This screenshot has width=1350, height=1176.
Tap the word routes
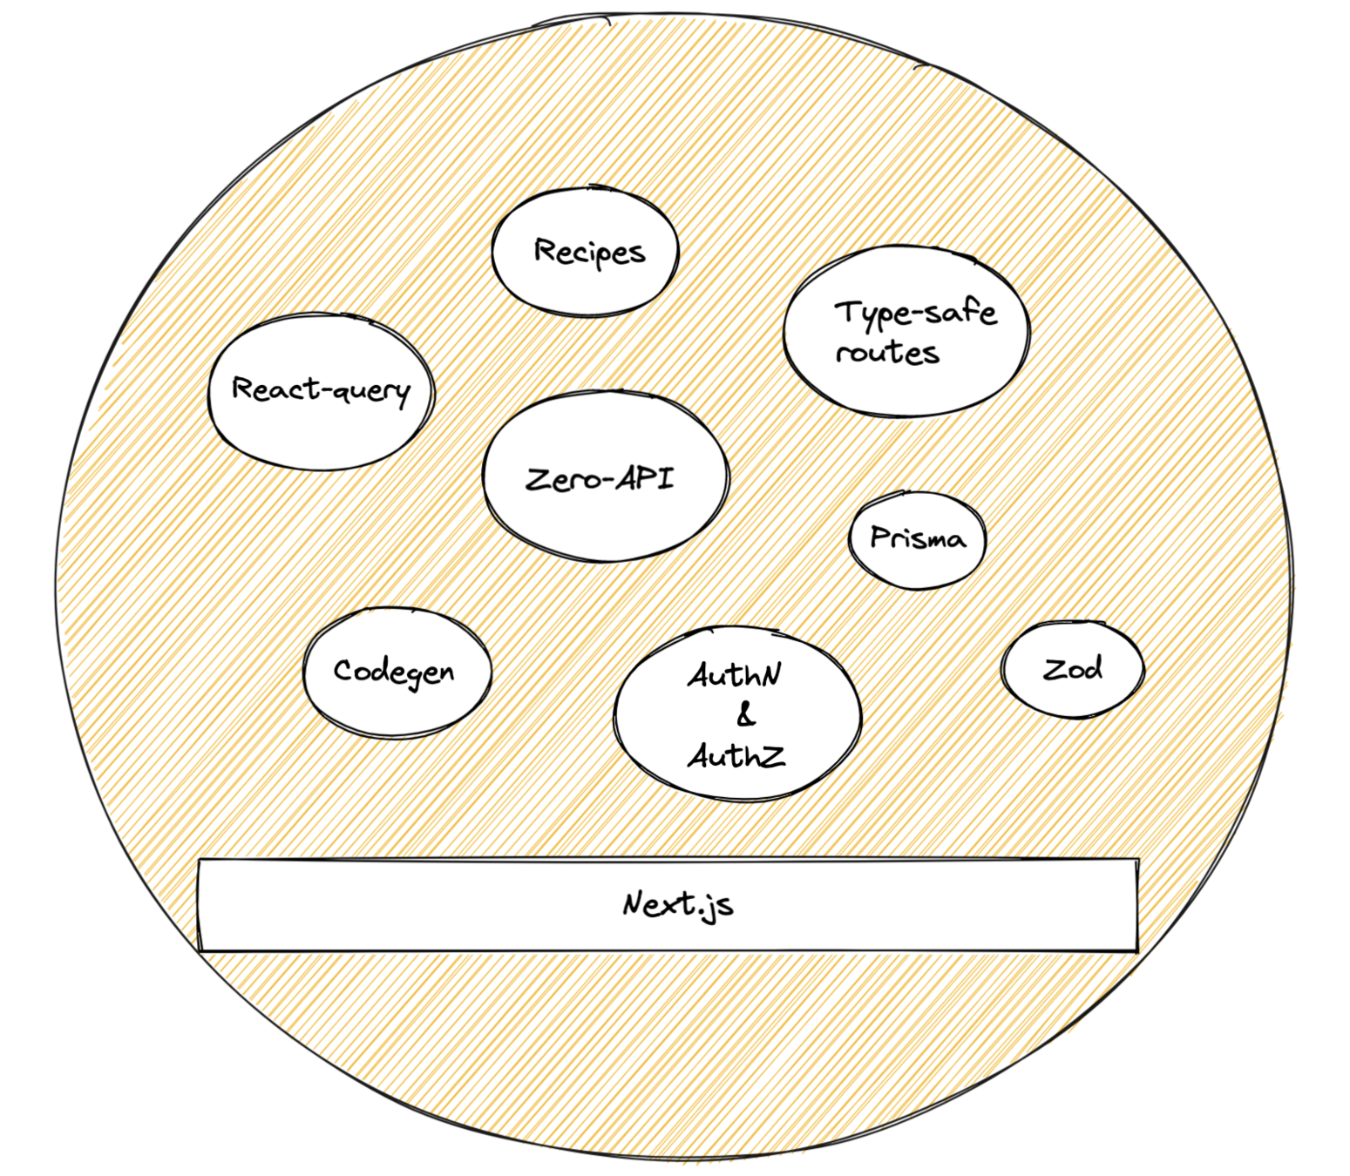(x=887, y=353)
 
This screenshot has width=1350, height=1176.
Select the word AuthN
(x=735, y=675)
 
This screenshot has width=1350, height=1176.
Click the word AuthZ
(x=736, y=755)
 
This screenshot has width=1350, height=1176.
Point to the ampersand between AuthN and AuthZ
(x=746, y=716)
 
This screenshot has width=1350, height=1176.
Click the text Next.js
(x=677, y=905)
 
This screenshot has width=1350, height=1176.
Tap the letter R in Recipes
(x=545, y=251)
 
